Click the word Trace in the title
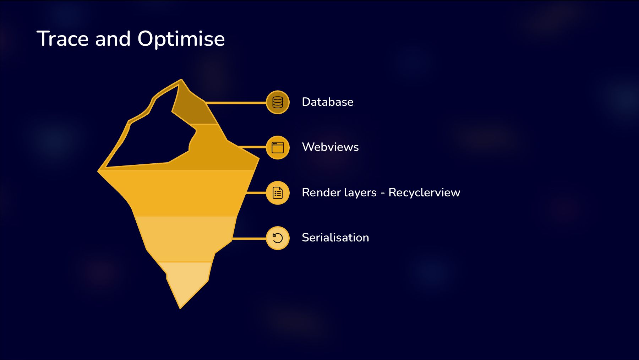point(62,39)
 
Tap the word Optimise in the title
point(181,39)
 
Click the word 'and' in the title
point(113,39)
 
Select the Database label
point(327,102)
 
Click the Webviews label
point(330,147)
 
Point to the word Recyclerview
point(424,192)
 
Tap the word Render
point(321,192)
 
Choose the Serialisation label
point(335,238)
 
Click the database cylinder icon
point(278,102)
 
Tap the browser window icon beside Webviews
point(278,147)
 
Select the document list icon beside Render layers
point(278,193)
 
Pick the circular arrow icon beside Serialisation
point(278,238)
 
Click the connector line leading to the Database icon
point(236,103)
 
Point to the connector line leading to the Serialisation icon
point(248,239)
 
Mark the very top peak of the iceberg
point(181,81)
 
